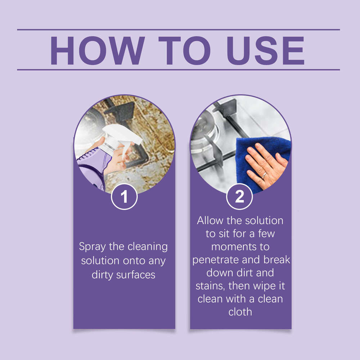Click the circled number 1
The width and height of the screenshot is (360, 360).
coord(124,197)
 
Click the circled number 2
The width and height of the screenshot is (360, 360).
coord(239,197)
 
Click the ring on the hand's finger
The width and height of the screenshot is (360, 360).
coord(264,175)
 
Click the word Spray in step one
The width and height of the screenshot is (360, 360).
coord(91,247)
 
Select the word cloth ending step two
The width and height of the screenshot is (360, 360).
coord(240,312)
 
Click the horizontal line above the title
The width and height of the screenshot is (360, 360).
coord(178,30)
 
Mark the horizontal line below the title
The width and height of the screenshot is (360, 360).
coord(178,69)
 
